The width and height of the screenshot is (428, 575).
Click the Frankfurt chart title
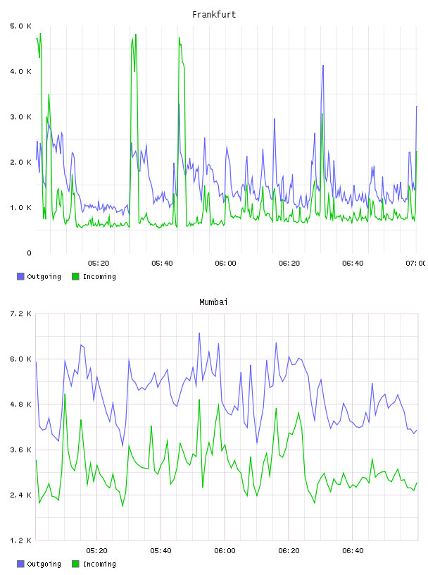(x=214, y=14)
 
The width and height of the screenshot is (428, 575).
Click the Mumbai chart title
(x=213, y=302)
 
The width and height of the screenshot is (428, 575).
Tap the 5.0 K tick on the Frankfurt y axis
(x=20, y=26)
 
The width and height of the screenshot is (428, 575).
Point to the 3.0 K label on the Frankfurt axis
(x=20, y=117)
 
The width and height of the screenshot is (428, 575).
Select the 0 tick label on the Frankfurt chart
(x=29, y=253)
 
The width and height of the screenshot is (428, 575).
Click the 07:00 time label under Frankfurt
(x=415, y=264)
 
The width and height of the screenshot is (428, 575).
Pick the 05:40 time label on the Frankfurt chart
(x=162, y=264)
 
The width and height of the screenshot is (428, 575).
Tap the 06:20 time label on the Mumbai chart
(x=289, y=551)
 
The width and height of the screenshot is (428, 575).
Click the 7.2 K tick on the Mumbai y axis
(x=20, y=314)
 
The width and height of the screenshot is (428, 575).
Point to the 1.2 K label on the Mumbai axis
(x=20, y=540)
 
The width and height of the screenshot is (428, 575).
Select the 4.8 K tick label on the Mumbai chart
(x=20, y=404)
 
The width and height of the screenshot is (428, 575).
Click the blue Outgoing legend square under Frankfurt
(x=20, y=276)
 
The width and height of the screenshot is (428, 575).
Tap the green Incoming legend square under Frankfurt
(x=75, y=276)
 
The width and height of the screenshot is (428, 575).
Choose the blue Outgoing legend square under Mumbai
(x=20, y=564)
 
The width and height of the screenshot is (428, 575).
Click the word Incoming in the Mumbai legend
(x=99, y=564)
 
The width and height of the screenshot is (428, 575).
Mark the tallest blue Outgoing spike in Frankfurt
(x=323, y=66)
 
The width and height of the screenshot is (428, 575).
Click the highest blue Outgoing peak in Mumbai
(x=199, y=333)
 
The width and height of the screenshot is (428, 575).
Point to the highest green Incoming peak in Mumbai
(x=65, y=395)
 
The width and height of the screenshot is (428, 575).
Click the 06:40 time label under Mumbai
(x=353, y=551)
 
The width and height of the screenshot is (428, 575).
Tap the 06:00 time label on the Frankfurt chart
(x=225, y=264)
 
